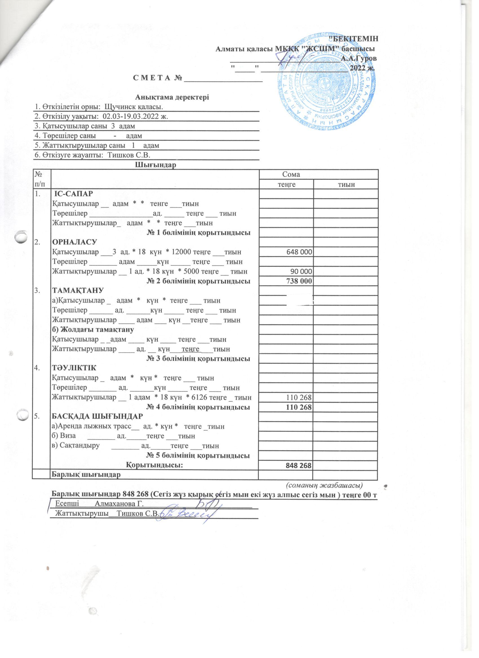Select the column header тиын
(345, 184)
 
